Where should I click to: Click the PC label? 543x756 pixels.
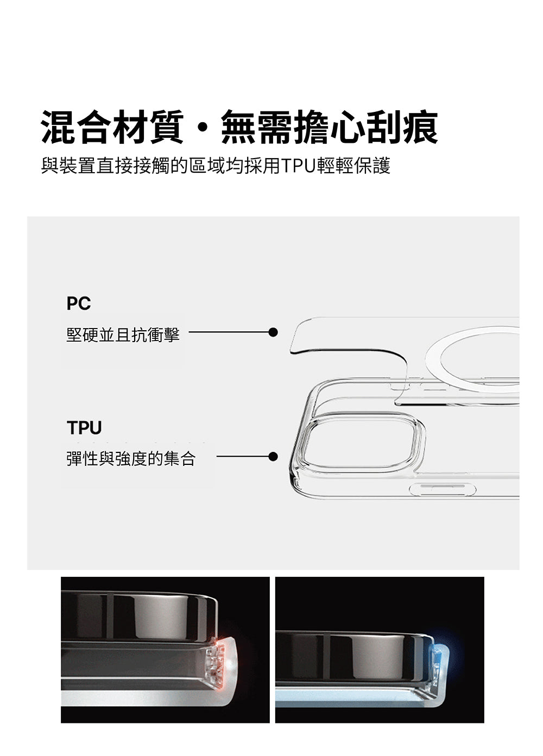[x=79, y=303]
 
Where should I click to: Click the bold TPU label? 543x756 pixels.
[x=84, y=427]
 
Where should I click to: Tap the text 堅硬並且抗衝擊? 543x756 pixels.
[x=123, y=335]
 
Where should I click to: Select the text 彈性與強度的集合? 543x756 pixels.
[x=131, y=459]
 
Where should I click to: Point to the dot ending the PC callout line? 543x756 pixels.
[x=273, y=332]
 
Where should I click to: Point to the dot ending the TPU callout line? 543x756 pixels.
[x=273, y=457]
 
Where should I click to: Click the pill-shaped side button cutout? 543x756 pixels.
[x=442, y=489]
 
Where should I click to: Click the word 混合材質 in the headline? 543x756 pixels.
[x=112, y=127]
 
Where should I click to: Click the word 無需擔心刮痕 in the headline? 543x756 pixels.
[x=330, y=127]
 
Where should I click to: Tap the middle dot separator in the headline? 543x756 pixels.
[x=203, y=128]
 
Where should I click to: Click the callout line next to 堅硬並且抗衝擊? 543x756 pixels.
[x=229, y=332]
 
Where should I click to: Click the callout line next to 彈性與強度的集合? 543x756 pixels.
[x=243, y=457]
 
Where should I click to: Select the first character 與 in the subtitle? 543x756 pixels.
[x=49, y=166]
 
